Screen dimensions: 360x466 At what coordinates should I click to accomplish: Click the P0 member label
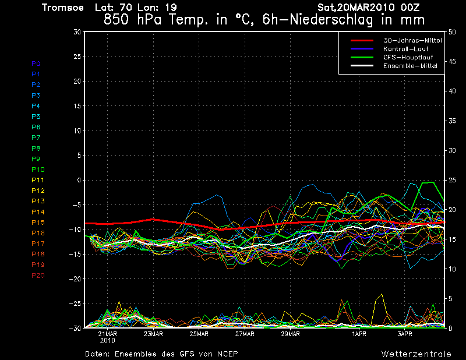pyautogui.click(x=36, y=63)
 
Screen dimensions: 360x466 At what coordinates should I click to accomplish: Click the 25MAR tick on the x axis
pyautogui.click(x=199, y=334)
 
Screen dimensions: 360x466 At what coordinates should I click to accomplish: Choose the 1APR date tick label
pyautogui.click(x=359, y=334)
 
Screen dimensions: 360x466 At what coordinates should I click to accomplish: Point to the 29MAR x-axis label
pyautogui.click(x=290, y=334)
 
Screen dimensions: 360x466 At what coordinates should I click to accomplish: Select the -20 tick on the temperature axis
pyautogui.click(x=74, y=279)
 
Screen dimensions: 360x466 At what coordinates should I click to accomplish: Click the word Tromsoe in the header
pyautogui.click(x=61, y=8)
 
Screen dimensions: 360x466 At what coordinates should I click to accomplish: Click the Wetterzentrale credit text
pyautogui.click(x=416, y=354)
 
